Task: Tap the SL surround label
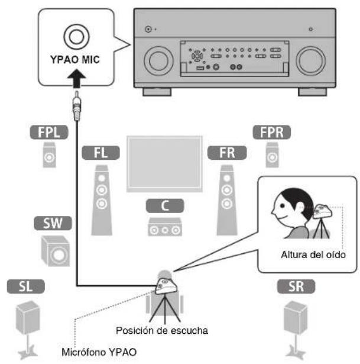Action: coord(25,288)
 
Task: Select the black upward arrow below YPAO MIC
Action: coord(77,76)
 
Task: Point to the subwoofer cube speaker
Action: coord(54,250)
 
